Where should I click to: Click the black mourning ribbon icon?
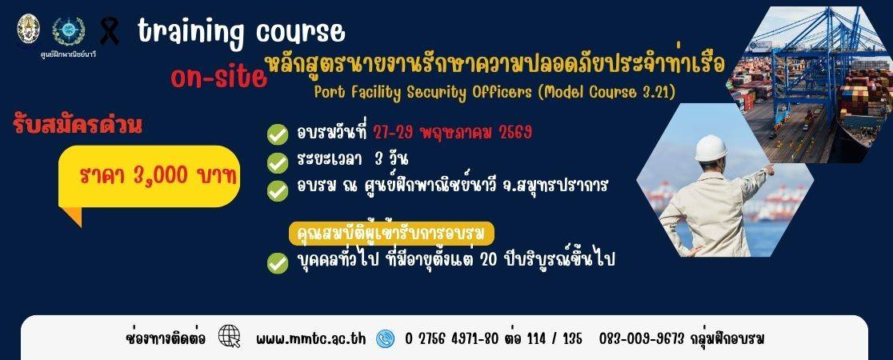click(110, 31)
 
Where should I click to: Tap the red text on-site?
click(218, 78)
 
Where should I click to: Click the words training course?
click(241, 32)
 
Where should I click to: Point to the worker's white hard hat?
click(711, 148)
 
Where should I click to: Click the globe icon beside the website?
click(229, 336)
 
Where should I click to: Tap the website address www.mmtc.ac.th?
click(311, 338)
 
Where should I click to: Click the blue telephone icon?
click(386, 338)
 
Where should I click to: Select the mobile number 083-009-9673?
click(641, 338)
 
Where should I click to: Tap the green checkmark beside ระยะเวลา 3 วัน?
click(278, 162)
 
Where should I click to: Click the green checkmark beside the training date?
click(278, 134)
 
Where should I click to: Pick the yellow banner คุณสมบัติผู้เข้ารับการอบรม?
click(390, 234)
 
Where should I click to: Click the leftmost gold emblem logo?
click(29, 30)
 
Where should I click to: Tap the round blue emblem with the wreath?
click(68, 31)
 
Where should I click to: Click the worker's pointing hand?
click(768, 169)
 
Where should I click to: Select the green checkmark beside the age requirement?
click(278, 262)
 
